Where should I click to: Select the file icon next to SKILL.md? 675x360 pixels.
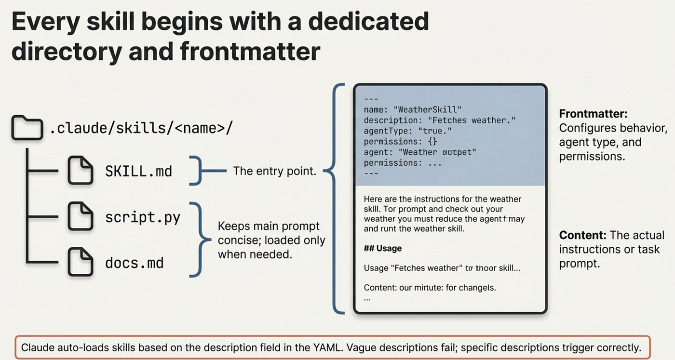pyautogui.click(x=80, y=170)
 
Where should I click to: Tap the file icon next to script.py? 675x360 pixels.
pyautogui.click(x=80, y=217)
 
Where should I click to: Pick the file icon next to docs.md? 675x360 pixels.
pyautogui.click(x=80, y=263)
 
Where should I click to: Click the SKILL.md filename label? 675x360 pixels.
pyautogui.click(x=138, y=171)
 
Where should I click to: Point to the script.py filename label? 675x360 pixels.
pyautogui.click(x=142, y=217)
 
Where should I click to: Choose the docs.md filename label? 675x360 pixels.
pyautogui.click(x=134, y=263)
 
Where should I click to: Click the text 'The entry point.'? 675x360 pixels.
pyautogui.click(x=274, y=171)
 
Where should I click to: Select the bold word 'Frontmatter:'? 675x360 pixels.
pyautogui.click(x=593, y=114)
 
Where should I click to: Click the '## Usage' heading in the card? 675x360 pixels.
pyautogui.click(x=382, y=248)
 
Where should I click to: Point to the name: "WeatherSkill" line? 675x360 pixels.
pyautogui.click(x=412, y=109)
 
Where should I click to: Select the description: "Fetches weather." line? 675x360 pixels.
pyautogui.click(x=439, y=120)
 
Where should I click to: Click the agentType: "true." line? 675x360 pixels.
pyautogui.click(x=408, y=131)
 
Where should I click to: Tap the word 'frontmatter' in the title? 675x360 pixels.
pyautogui.click(x=250, y=51)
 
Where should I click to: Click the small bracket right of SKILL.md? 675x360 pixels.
pyautogui.click(x=195, y=171)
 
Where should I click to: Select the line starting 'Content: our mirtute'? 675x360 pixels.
pyautogui.click(x=430, y=288)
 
